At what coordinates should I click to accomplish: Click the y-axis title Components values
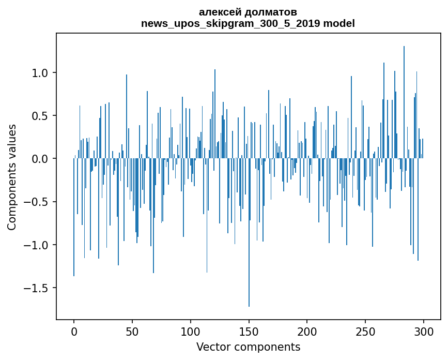12,177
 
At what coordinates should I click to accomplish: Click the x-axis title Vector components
248,347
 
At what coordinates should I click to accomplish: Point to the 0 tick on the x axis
74,331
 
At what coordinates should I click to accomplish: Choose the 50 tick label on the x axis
132,331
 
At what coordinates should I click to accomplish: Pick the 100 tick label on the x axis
191,331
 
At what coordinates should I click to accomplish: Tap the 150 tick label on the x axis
249,331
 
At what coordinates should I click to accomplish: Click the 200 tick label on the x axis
307,331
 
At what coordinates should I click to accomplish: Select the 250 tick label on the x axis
365,331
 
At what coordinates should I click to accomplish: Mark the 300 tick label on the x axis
424,331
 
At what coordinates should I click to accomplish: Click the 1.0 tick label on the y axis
40,73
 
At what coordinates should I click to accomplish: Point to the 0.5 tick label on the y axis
40,116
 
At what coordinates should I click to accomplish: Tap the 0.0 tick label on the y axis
40,159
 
